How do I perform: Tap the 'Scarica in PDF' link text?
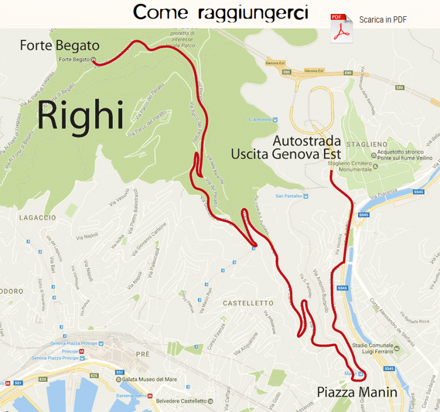point(383,20)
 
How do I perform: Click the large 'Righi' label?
point(80,116)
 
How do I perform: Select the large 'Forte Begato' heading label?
point(59,45)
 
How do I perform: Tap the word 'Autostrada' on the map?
point(307,140)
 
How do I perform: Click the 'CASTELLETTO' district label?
point(247,303)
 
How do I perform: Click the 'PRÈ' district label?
point(143,354)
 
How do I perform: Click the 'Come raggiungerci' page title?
point(220,12)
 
